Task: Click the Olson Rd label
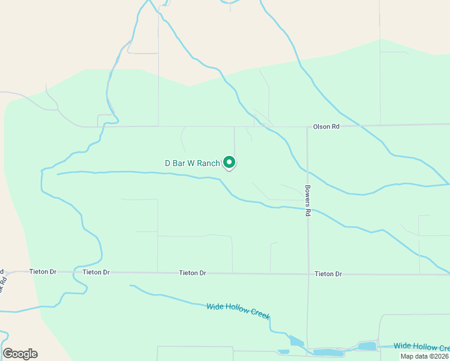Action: (x=327, y=127)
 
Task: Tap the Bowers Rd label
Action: (x=307, y=200)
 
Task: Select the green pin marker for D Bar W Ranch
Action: (x=229, y=162)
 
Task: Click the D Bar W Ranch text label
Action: (x=193, y=163)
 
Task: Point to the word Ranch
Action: (x=209, y=163)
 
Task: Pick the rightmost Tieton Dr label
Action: (x=328, y=274)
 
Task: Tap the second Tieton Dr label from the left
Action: (x=96, y=272)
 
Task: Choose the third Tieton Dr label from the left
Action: (x=193, y=273)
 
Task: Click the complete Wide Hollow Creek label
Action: (x=238, y=311)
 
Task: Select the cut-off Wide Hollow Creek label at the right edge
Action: (x=421, y=347)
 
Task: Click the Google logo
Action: (x=20, y=354)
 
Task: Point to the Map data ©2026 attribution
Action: (x=425, y=356)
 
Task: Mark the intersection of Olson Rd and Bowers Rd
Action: (x=307, y=126)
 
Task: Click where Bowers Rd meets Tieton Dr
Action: (x=307, y=274)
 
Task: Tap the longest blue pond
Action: (x=328, y=353)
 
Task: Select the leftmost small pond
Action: (x=283, y=351)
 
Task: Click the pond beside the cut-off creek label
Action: (x=367, y=346)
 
